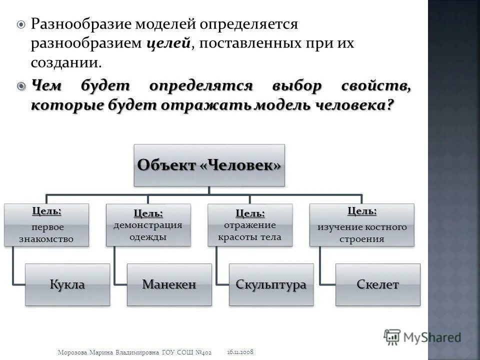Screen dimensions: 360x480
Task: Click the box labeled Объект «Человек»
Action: tap(208, 165)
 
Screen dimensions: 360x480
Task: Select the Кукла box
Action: tap(67, 284)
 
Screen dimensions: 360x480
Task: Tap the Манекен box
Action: tap(169, 284)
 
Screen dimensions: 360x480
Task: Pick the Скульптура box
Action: tap(271, 284)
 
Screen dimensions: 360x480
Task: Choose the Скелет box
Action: tap(377, 284)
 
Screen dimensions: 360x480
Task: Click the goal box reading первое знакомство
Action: tap(46, 225)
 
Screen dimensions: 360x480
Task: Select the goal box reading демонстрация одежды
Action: tap(147, 225)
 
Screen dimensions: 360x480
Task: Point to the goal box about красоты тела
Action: tap(249, 225)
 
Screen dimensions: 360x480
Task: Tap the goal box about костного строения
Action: tap(361, 225)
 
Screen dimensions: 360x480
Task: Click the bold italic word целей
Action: tap(168, 43)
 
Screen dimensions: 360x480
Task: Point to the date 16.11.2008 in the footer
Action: tap(240, 352)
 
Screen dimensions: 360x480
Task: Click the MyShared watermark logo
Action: tap(422, 336)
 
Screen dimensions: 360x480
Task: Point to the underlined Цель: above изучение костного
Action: tap(362, 210)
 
